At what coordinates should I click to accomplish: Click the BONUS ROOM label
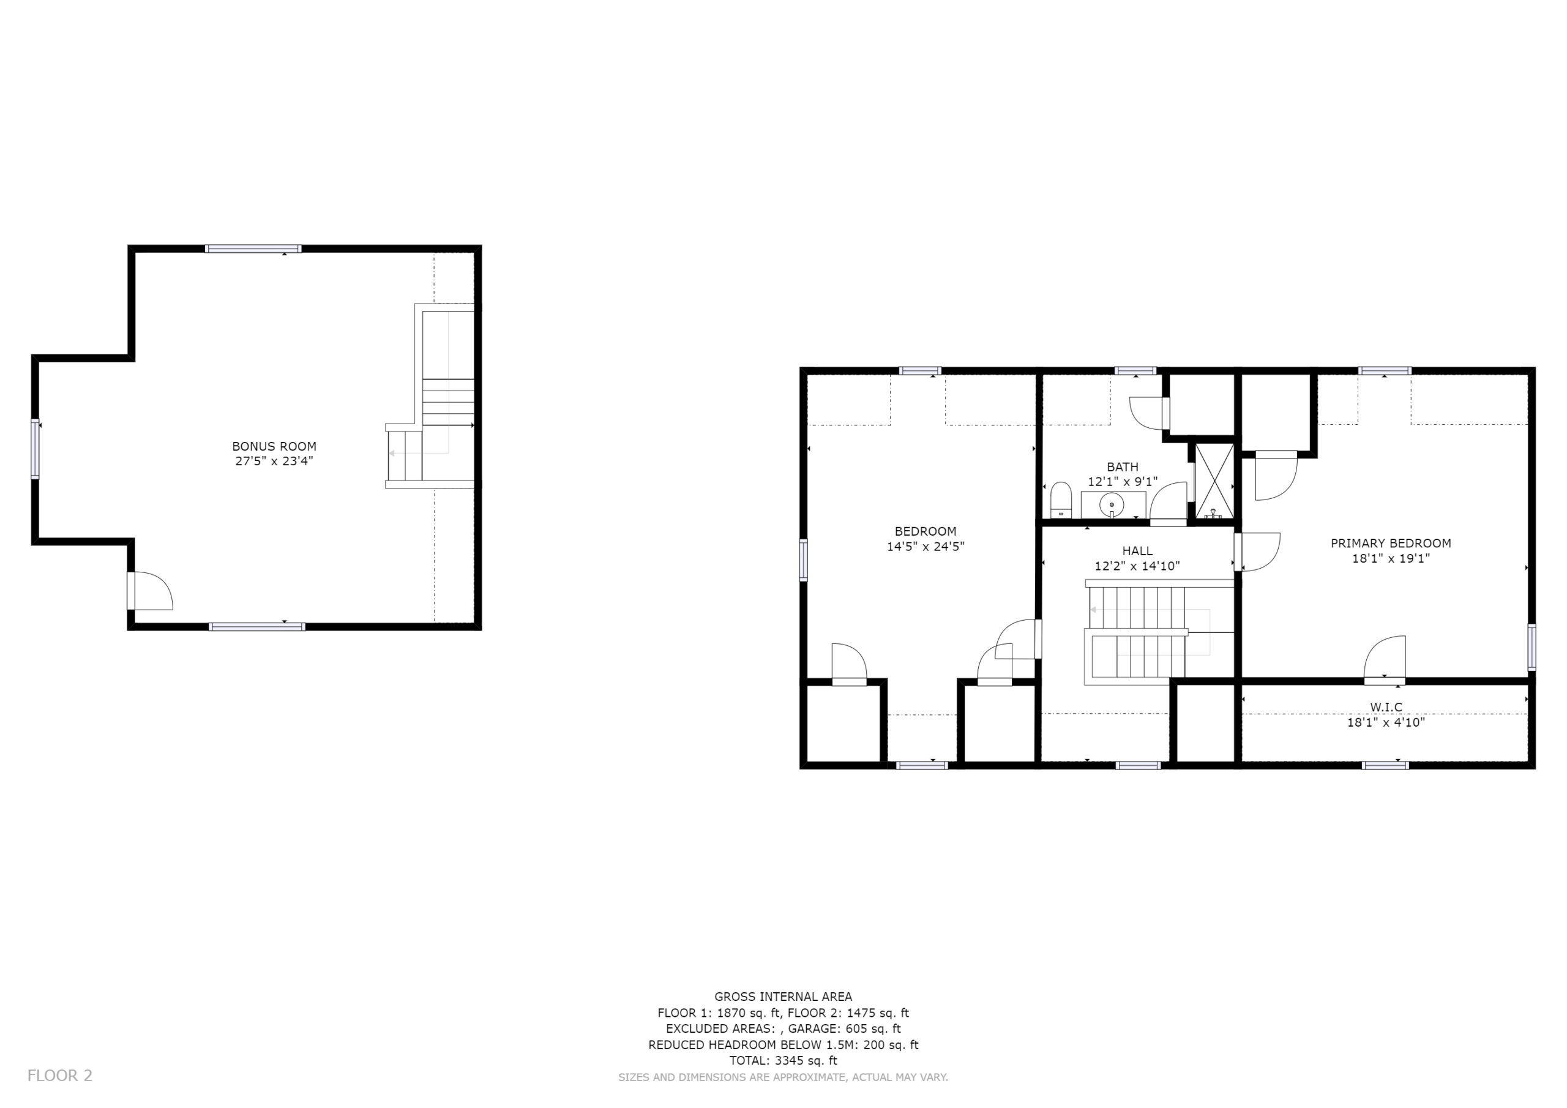point(274,446)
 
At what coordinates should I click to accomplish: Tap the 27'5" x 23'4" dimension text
point(274,462)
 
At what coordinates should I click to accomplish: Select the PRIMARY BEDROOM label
point(1391,544)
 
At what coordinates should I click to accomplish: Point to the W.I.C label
point(1386,707)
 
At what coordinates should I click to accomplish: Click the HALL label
point(1137,551)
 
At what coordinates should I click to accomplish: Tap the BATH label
point(1123,467)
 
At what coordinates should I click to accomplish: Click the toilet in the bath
point(1061,500)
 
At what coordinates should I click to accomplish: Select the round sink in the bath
point(1112,505)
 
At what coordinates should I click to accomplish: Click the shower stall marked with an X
point(1215,481)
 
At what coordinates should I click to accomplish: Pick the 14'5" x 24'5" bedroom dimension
point(926,546)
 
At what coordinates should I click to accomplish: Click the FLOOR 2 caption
point(60,1076)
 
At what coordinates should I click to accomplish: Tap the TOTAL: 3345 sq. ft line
point(783,1061)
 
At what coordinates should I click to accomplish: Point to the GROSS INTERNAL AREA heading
point(783,997)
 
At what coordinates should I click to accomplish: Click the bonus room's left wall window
point(35,449)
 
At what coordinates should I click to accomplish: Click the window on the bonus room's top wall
point(253,249)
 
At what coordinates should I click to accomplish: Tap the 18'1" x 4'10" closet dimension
point(1386,722)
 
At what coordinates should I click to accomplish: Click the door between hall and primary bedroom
point(1257,552)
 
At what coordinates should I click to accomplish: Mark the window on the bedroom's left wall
point(803,560)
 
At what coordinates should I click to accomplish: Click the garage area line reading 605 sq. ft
point(783,1029)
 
